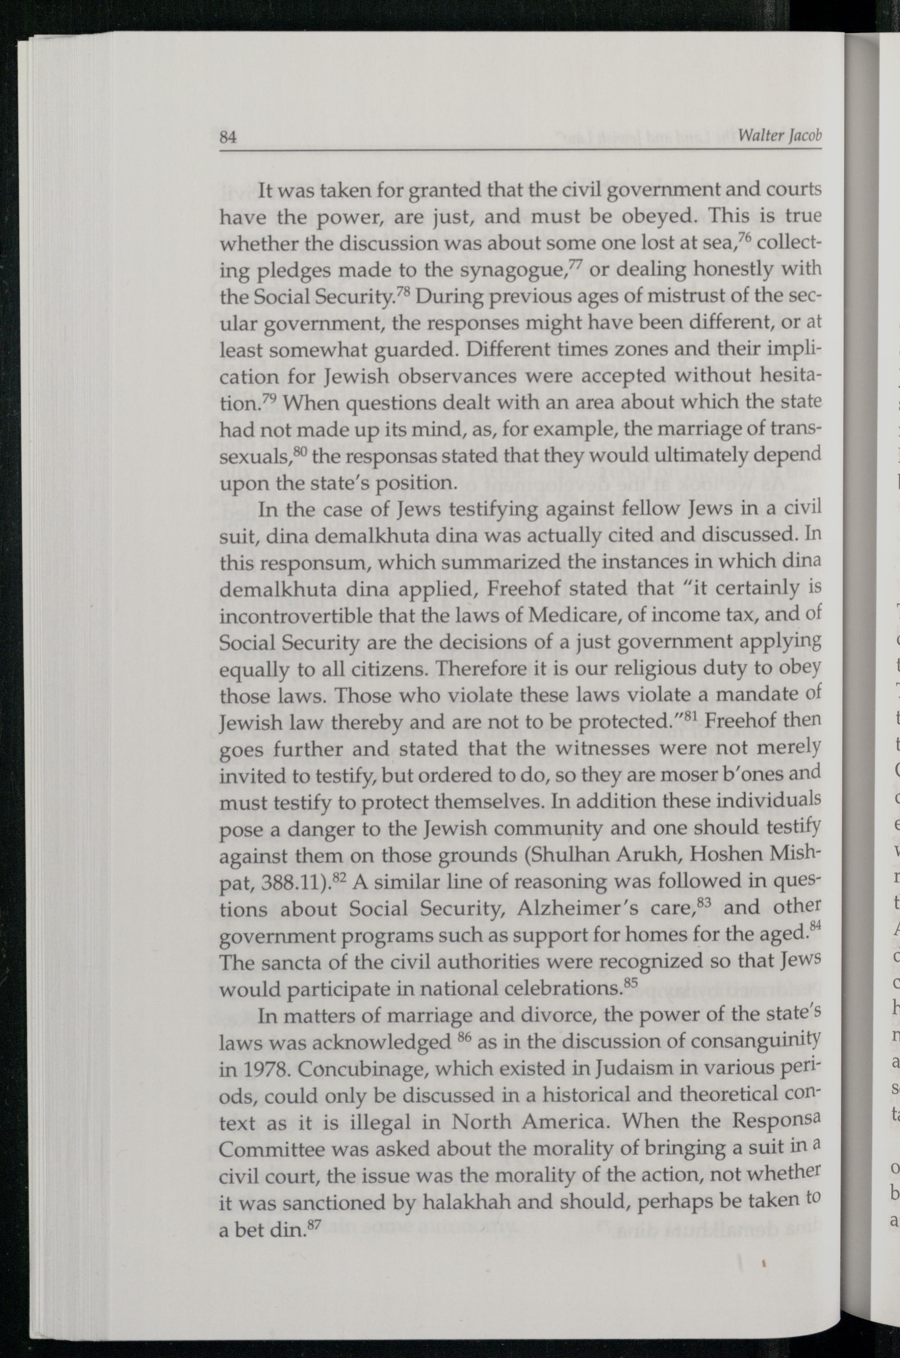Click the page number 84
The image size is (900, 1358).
click(x=229, y=137)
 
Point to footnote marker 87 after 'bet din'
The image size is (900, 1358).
click(x=313, y=1217)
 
